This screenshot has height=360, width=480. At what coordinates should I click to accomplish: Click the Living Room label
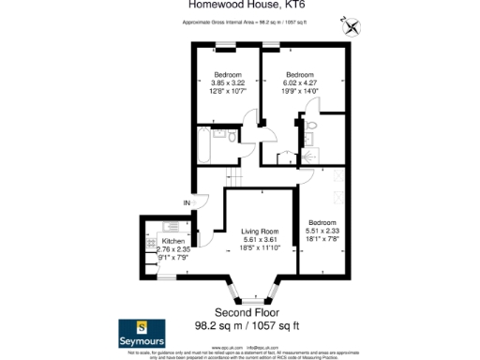click(x=260, y=231)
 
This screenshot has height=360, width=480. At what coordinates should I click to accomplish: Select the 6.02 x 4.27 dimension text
click(x=298, y=82)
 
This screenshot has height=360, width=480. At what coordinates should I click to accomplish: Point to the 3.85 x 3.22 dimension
click(x=227, y=82)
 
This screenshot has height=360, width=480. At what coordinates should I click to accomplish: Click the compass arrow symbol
click(x=351, y=26)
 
